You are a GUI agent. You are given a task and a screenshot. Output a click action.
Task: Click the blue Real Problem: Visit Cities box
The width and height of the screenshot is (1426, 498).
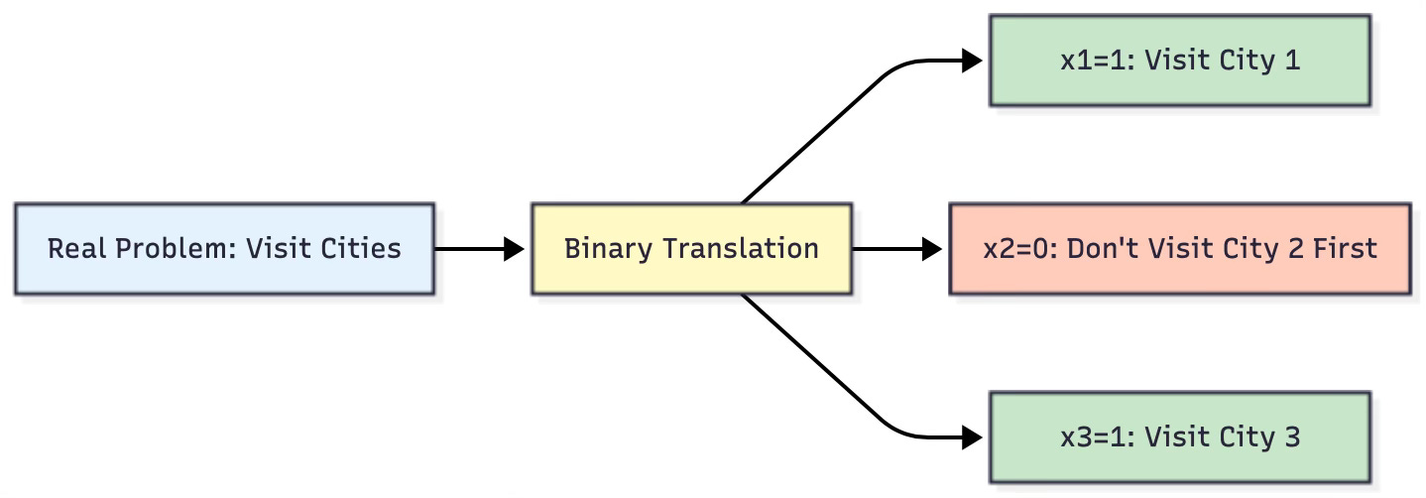pyautogui.click(x=224, y=248)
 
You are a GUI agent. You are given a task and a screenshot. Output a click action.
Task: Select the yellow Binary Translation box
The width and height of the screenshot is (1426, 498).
pyautogui.click(x=691, y=248)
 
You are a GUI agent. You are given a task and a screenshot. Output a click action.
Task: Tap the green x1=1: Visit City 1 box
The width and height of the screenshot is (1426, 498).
pyautogui.click(x=1179, y=61)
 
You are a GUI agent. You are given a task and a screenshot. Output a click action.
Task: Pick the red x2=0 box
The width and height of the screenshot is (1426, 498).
pyautogui.click(x=1179, y=248)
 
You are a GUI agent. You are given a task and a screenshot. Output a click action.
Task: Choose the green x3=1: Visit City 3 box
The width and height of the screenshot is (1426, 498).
pyautogui.click(x=1179, y=436)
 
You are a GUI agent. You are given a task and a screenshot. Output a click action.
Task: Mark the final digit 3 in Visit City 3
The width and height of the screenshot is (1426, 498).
pyautogui.click(x=1291, y=436)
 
